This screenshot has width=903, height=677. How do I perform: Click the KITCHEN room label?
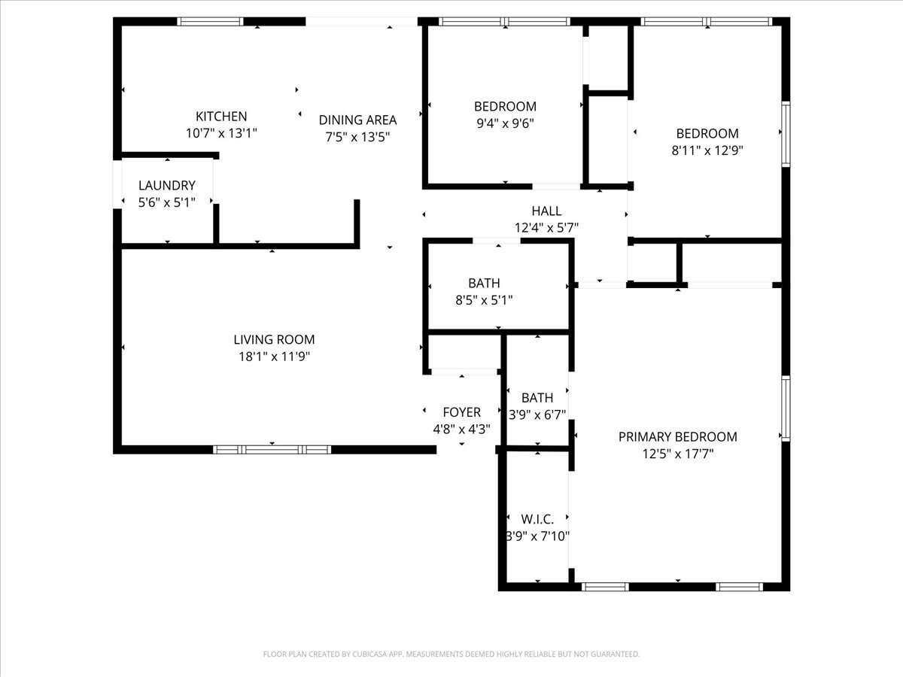coord(221,117)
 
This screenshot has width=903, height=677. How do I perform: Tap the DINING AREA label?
coord(357,120)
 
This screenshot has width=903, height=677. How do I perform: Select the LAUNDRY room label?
coord(166,185)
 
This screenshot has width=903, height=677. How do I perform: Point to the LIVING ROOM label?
coord(274,339)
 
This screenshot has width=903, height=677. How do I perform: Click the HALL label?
coord(546,211)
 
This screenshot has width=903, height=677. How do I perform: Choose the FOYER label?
coord(461,412)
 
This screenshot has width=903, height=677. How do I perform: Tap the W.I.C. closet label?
coord(537,519)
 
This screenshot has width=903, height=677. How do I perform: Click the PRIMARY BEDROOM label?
coord(677,436)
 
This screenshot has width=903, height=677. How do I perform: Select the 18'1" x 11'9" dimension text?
coord(274,357)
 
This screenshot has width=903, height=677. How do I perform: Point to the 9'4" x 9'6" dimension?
coord(505,123)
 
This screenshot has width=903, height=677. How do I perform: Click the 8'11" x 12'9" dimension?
coord(707,150)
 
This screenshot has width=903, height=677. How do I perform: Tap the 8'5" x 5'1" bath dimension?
coord(484,300)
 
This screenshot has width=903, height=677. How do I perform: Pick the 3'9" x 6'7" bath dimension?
coord(537,414)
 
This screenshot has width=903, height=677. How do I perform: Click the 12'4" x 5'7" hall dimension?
coord(546,228)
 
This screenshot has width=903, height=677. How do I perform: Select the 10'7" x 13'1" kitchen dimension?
coord(221,133)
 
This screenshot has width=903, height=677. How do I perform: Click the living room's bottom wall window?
coord(272,450)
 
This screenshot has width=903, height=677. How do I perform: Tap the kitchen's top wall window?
coord(210,21)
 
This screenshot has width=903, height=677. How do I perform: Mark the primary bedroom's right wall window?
coord(786,408)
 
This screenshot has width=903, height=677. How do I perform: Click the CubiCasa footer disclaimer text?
coord(451,654)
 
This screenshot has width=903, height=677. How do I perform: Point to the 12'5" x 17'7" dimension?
coord(677,454)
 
